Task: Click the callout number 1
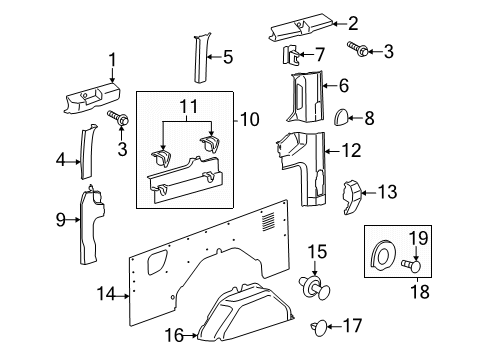(113, 59)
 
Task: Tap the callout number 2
(351, 23)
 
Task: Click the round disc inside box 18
(383, 255)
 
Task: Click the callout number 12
(351, 151)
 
